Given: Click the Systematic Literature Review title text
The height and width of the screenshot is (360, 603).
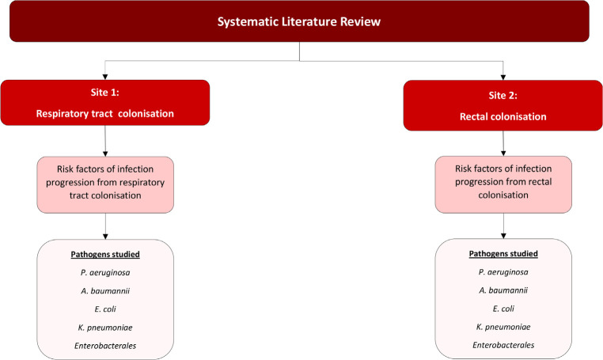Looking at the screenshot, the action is pyautogui.click(x=299, y=21).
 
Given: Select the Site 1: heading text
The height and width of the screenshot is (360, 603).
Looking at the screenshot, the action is pyautogui.click(x=105, y=93).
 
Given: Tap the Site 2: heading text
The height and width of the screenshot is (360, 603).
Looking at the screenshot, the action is pyautogui.click(x=503, y=96).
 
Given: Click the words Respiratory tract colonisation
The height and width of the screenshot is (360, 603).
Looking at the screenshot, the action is pyautogui.click(x=105, y=114).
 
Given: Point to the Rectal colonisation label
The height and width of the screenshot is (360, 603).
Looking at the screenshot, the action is pyautogui.click(x=503, y=117).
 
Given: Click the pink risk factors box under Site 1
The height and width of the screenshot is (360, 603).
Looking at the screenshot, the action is pyautogui.click(x=105, y=184).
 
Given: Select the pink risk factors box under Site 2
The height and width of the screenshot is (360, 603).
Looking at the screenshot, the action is pyautogui.click(x=503, y=184).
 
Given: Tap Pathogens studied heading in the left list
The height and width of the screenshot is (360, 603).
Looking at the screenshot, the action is pyautogui.click(x=105, y=254).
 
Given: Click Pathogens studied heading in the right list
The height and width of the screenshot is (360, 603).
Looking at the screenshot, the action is pyautogui.click(x=503, y=253).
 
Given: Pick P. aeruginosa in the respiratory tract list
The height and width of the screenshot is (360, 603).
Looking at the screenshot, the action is pyautogui.click(x=105, y=273).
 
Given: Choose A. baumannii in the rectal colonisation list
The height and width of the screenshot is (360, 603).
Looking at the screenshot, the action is pyautogui.click(x=503, y=290).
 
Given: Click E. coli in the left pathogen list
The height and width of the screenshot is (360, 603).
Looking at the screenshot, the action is pyautogui.click(x=105, y=309).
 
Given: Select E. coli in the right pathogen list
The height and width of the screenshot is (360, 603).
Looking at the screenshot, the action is pyautogui.click(x=503, y=309).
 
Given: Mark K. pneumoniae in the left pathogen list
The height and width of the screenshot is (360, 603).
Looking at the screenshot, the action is pyautogui.click(x=105, y=328).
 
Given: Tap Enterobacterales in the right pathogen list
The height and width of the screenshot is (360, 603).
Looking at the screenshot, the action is pyautogui.click(x=503, y=345).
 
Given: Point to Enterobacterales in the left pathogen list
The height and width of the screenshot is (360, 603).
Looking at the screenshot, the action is pyautogui.click(x=105, y=346).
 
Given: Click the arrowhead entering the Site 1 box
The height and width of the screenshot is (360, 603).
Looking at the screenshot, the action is pyautogui.click(x=105, y=77).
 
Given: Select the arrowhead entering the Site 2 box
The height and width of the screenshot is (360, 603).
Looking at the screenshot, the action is pyautogui.click(x=503, y=78).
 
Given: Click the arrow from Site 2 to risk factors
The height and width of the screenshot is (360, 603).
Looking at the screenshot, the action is pyautogui.click(x=503, y=143).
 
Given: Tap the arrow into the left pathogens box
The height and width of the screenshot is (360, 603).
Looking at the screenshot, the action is pyautogui.click(x=105, y=226).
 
